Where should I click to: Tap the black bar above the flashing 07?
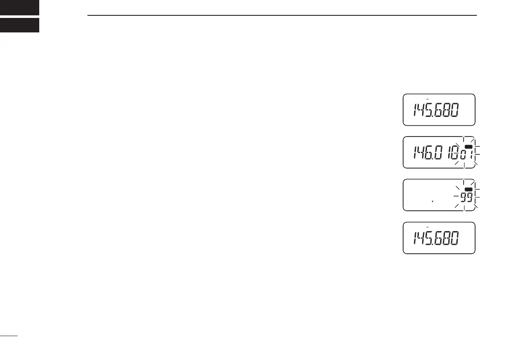click(x=468, y=147)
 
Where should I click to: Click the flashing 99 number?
click(x=466, y=197)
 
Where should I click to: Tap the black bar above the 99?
click(x=468, y=189)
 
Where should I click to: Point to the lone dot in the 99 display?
click(x=433, y=201)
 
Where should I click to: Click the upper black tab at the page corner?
click(x=20, y=7)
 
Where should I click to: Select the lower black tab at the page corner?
click(x=20, y=25)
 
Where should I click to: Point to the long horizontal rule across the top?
click(x=282, y=16)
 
